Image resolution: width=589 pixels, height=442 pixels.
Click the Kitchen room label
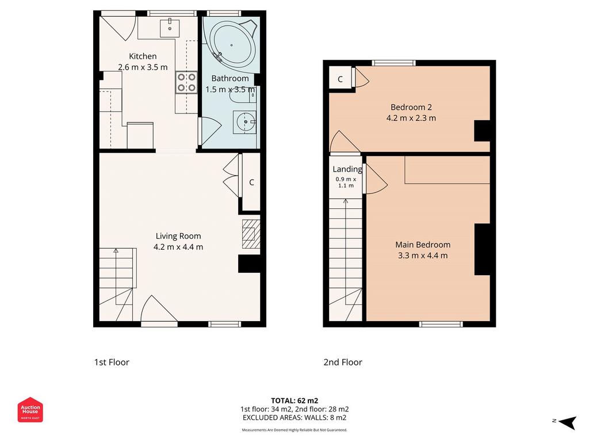(x=143, y=56)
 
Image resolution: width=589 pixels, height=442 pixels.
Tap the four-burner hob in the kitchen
(x=187, y=83)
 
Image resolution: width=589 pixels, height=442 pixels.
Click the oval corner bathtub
(x=232, y=45)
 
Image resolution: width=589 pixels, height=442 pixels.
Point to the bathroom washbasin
(x=244, y=122)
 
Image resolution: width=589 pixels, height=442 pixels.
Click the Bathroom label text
(x=230, y=78)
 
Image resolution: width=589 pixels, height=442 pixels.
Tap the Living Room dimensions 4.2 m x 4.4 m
(x=178, y=247)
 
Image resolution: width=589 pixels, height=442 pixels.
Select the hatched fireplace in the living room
(x=251, y=234)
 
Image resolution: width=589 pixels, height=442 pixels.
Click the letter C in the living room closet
(x=252, y=182)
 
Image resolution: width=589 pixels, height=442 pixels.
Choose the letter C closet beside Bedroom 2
(x=340, y=79)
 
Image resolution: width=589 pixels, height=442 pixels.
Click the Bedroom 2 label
(x=411, y=107)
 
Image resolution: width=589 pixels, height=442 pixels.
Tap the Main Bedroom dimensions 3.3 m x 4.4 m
(x=423, y=256)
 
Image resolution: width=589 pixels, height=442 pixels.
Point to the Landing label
(x=347, y=170)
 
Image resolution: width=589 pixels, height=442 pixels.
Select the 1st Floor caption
(x=112, y=363)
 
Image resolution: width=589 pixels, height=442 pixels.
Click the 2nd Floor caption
(x=343, y=363)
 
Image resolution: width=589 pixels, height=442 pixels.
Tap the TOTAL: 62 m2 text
(x=294, y=401)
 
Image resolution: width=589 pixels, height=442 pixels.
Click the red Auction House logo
(x=30, y=410)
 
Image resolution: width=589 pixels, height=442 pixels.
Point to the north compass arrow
(x=567, y=422)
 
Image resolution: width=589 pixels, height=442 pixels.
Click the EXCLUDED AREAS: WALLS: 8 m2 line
(x=294, y=418)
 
